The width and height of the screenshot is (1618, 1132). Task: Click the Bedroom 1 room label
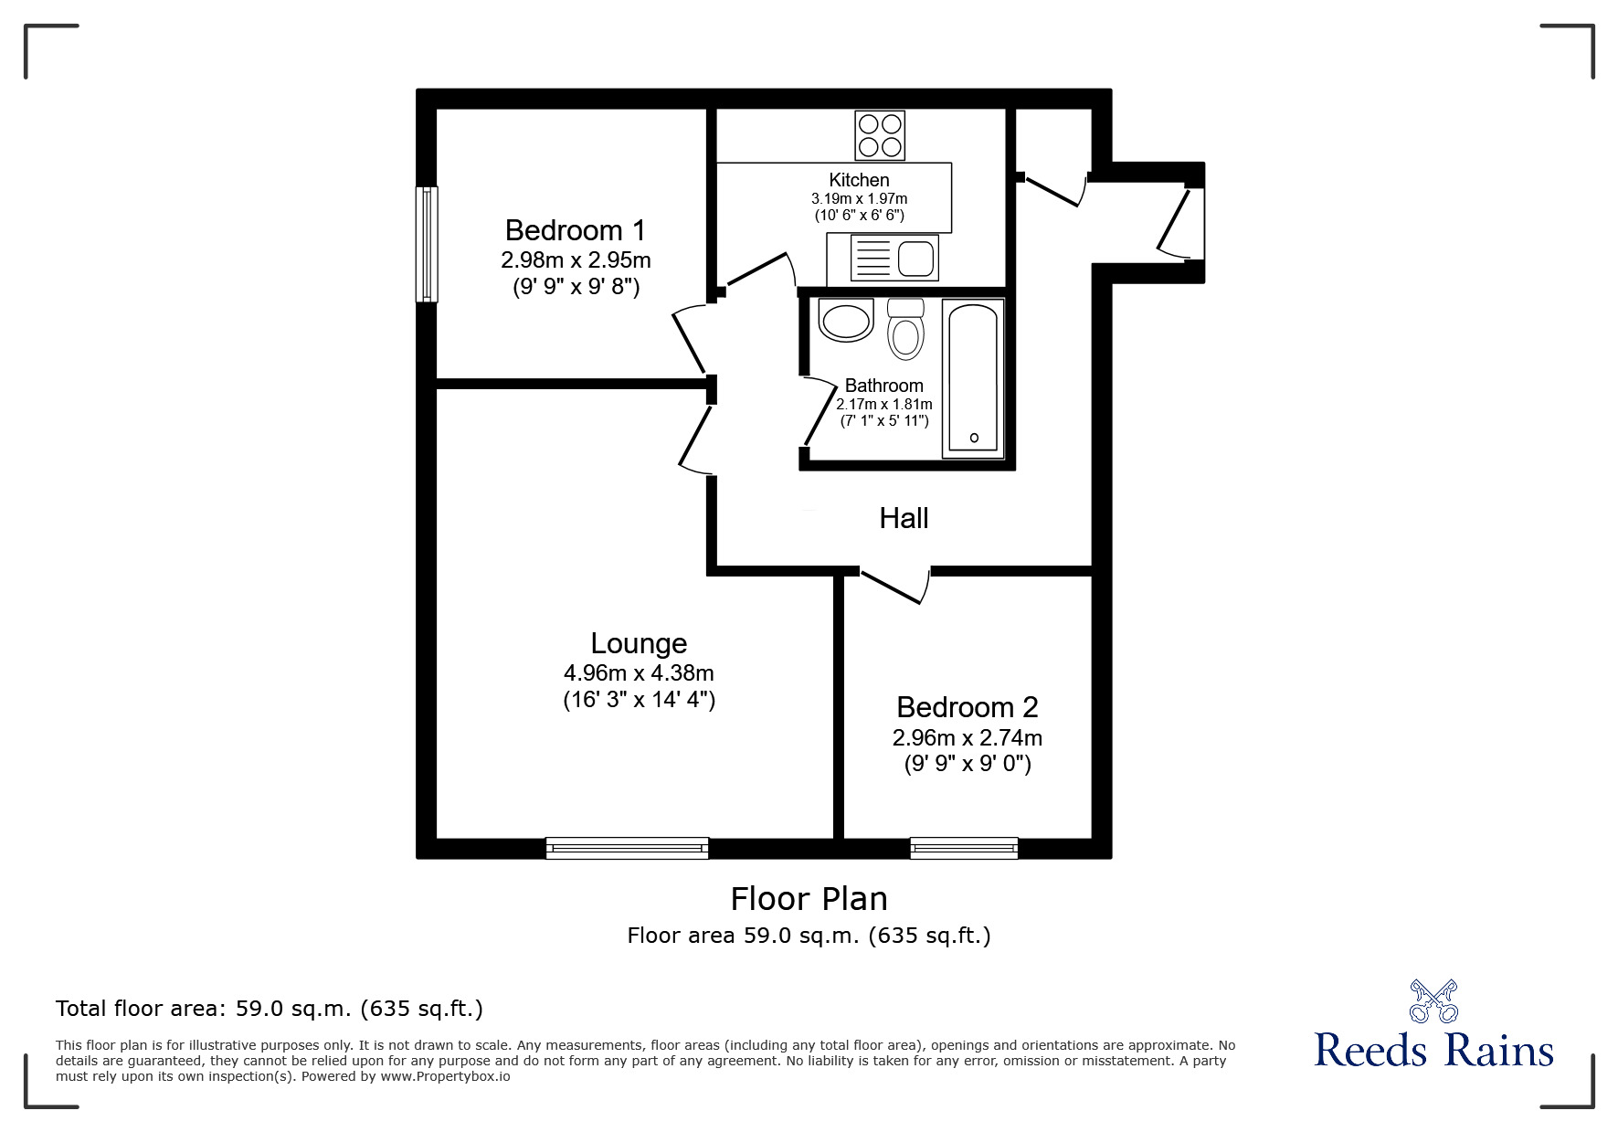[576, 229]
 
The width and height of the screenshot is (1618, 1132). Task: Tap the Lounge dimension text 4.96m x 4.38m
[639, 673]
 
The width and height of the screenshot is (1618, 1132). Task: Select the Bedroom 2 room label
[968, 707]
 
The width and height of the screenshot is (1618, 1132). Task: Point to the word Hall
[904, 519]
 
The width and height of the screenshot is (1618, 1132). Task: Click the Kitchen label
[859, 180]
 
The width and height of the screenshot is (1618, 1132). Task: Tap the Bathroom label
[883, 386]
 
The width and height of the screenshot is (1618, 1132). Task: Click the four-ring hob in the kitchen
[881, 135]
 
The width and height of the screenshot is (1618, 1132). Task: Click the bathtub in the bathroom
[974, 378]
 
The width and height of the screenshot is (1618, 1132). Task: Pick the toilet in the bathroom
[905, 328]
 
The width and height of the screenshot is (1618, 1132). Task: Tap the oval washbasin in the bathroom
[847, 321]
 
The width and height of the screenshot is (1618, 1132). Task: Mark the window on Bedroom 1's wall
[427, 244]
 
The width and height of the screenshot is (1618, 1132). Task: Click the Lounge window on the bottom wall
[628, 848]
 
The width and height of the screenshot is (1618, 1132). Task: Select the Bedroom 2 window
[964, 848]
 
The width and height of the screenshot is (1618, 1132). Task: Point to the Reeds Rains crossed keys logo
[1433, 1001]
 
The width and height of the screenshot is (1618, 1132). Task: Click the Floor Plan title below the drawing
[809, 899]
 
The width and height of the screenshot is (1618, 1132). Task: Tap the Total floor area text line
[270, 1009]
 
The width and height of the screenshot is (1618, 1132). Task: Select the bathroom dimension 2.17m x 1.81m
[884, 405]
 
